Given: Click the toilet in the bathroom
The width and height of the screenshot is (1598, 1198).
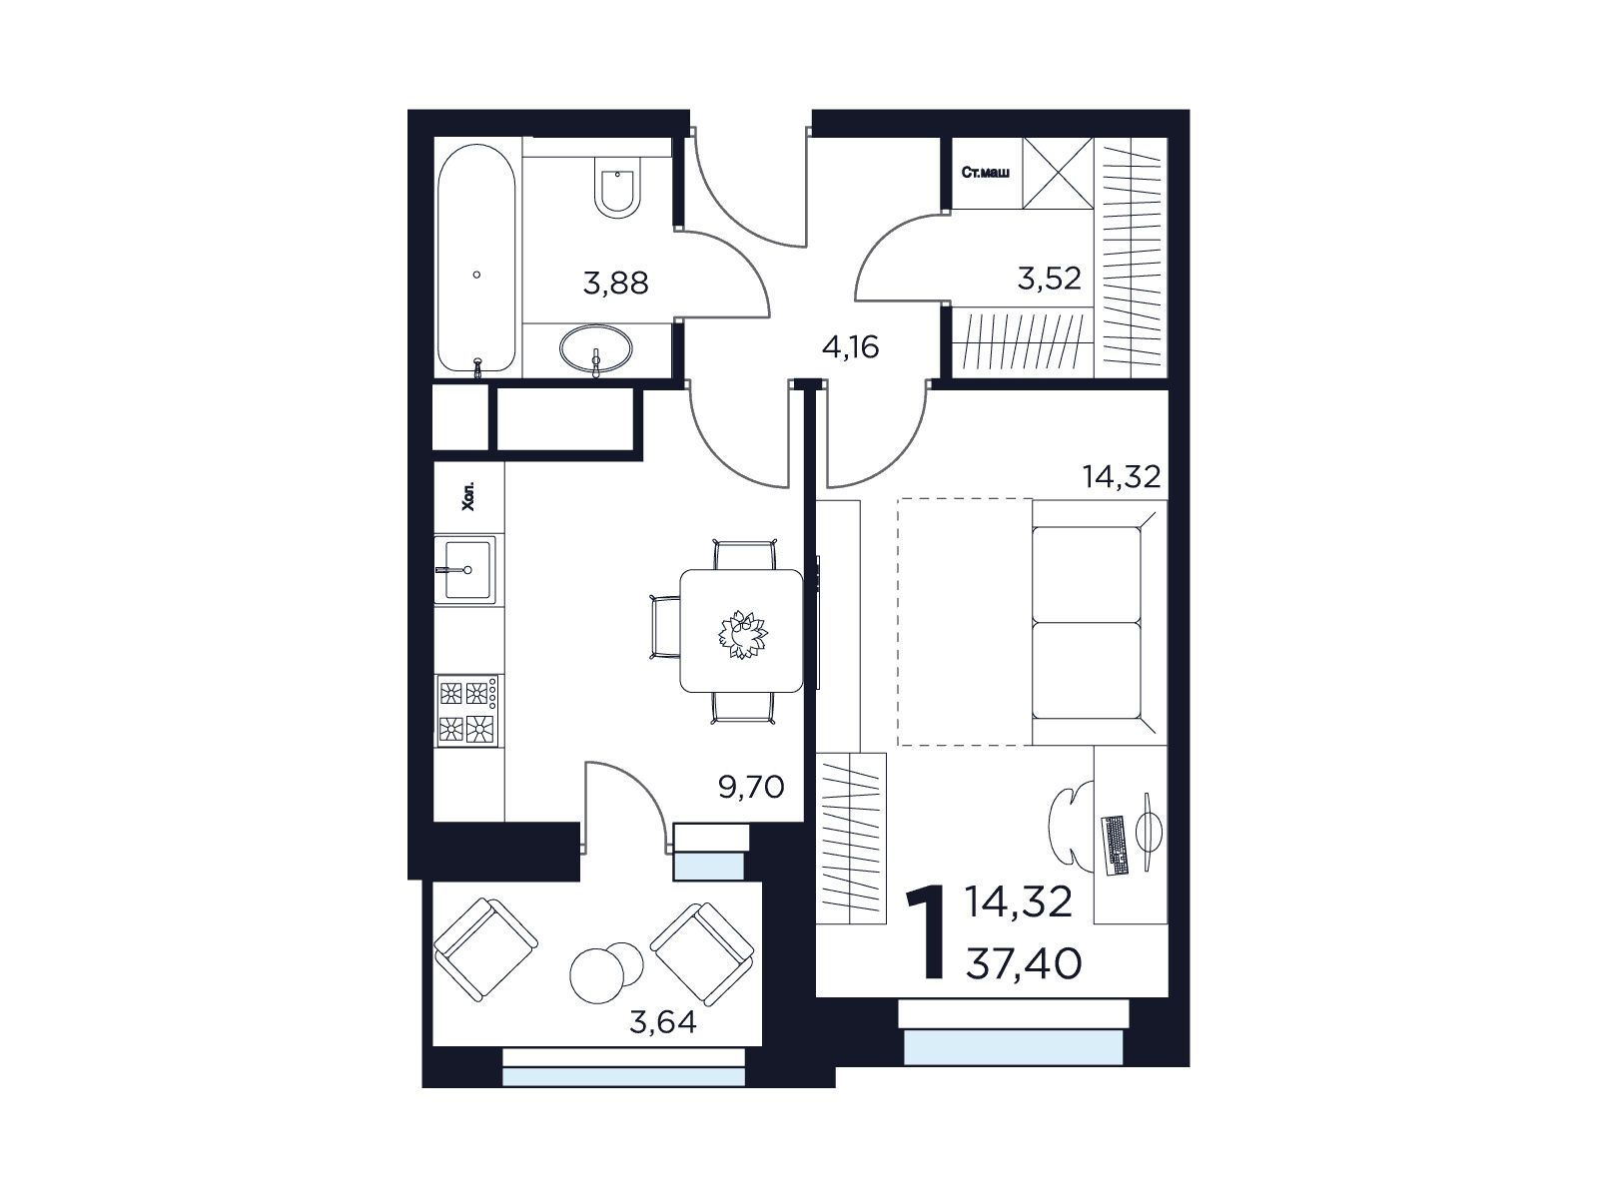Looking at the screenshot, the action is [616, 187].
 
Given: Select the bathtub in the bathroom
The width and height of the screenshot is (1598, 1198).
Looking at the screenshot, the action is [476, 259].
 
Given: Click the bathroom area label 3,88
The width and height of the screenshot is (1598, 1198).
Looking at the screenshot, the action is [615, 283].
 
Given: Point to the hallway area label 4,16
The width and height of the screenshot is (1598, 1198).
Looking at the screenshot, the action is [850, 347].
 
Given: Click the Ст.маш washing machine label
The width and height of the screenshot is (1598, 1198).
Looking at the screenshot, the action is [986, 173].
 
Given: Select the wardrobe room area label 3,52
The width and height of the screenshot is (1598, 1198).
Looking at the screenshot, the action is [1049, 278].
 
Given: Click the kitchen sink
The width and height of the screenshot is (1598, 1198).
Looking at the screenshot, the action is [466, 569].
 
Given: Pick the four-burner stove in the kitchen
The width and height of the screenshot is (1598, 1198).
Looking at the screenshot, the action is [467, 711].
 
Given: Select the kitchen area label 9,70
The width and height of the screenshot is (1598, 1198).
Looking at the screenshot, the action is [751, 787].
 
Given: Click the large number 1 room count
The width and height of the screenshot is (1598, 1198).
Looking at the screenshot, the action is [925, 931].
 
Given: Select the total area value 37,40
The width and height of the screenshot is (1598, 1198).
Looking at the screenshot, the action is [1023, 964].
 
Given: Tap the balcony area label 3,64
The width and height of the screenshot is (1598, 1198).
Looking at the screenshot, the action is [662, 1022].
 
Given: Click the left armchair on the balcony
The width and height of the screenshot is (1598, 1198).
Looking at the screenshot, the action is [485, 950].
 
